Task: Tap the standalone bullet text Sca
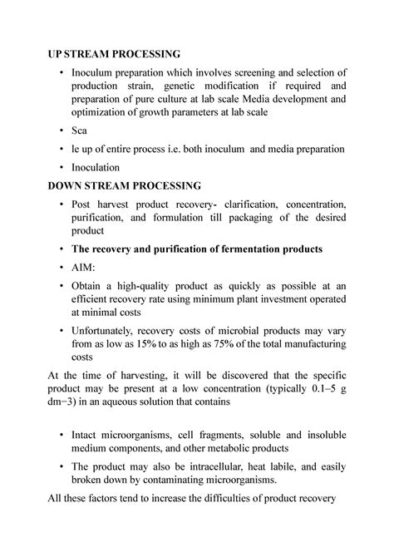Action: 81,131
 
